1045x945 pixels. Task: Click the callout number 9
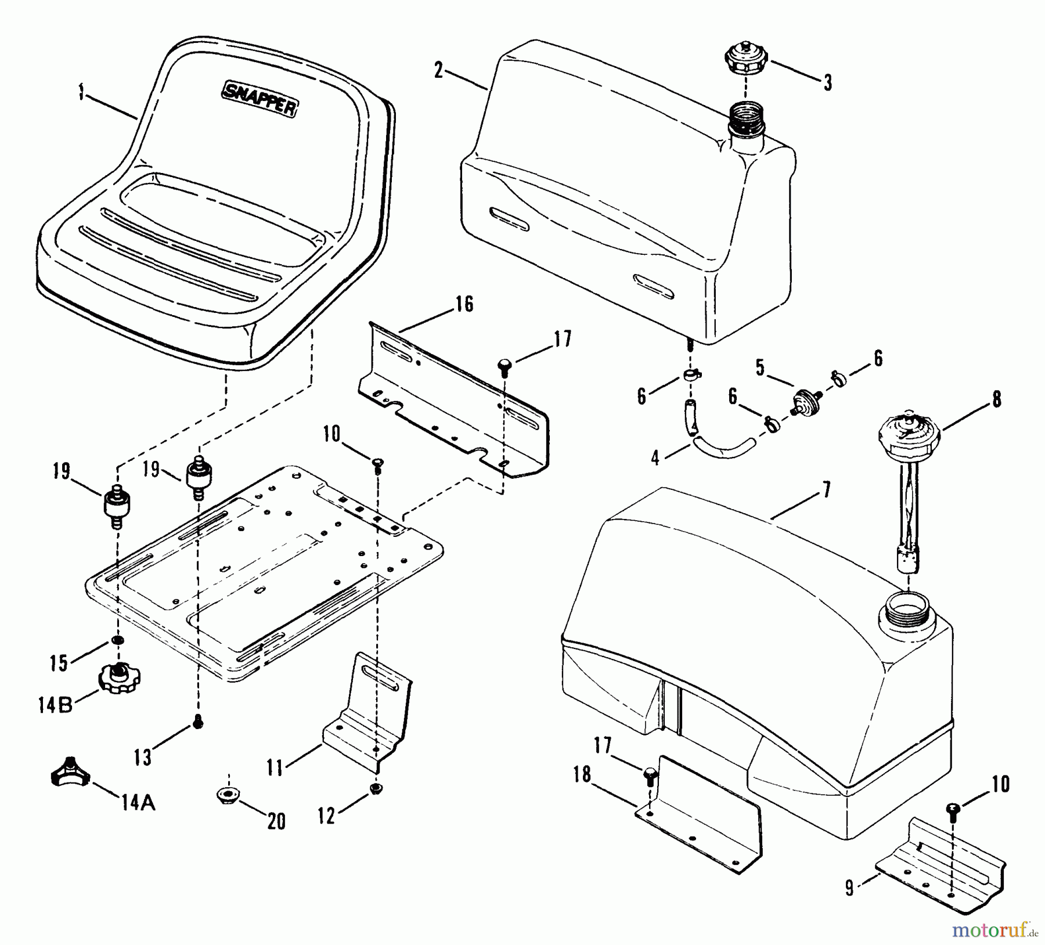coord(850,889)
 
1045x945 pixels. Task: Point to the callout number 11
coord(275,768)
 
